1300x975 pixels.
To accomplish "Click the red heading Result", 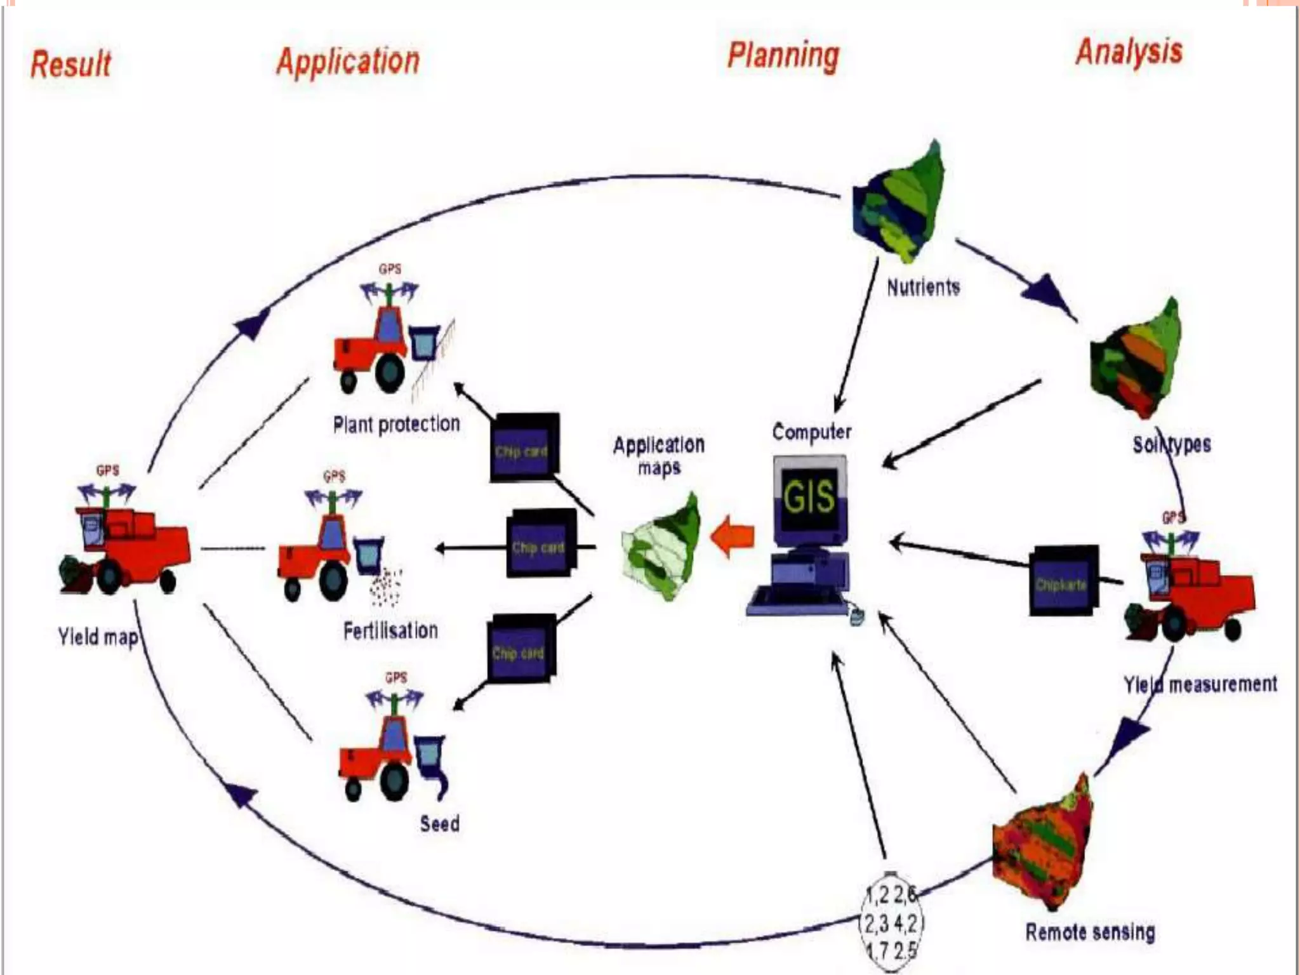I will point(71,64).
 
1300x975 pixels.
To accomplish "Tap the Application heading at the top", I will point(348,62).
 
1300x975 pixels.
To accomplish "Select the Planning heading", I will point(783,56).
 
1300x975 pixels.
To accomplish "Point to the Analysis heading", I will point(1129,51).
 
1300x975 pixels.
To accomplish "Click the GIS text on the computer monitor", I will point(809,496).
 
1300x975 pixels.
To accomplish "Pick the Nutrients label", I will point(923,288).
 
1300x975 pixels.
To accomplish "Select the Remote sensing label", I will point(1090,932).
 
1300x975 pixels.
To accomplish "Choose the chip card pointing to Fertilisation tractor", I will point(540,546).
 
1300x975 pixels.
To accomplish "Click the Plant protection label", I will point(396,424).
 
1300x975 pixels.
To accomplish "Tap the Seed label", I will point(439,824).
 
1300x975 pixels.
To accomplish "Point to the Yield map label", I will point(98,636).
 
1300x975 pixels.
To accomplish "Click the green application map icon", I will point(661,549).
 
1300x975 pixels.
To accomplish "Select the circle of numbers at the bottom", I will point(891,922).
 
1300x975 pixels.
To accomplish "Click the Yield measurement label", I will point(1200,684).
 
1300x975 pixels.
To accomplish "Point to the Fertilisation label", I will point(390,630).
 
